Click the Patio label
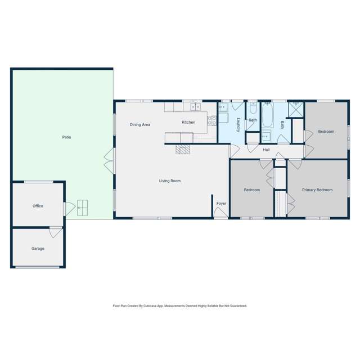pyautogui.click(x=66, y=137)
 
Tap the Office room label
pyautogui.click(x=38, y=206)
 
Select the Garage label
pyautogui.click(x=38, y=248)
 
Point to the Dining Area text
pyautogui.click(x=139, y=124)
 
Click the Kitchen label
pyautogui.click(x=188, y=122)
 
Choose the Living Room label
pyautogui.click(x=169, y=181)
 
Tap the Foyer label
pyautogui.click(x=221, y=203)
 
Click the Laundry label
pyautogui.click(x=238, y=124)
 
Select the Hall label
pyautogui.click(x=266, y=150)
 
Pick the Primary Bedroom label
pyautogui.click(x=317, y=190)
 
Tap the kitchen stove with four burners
pyautogui.click(x=212, y=119)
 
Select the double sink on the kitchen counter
pyautogui.click(x=196, y=106)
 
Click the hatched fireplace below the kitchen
pyautogui.click(x=183, y=149)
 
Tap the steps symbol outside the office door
pyautogui.click(x=83, y=208)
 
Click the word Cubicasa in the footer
pyautogui.click(x=148, y=306)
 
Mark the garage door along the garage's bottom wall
pyautogui.click(x=37, y=267)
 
